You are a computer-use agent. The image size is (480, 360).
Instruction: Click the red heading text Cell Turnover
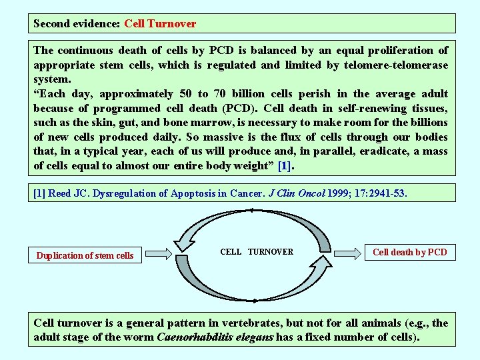click(x=160, y=24)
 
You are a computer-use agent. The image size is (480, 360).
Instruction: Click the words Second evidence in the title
click(x=77, y=24)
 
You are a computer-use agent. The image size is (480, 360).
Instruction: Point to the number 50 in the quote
click(x=187, y=94)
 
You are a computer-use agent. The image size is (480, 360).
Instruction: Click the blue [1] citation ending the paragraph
click(x=285, y=166)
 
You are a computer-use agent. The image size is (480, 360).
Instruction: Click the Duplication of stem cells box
click(x=85, y=255)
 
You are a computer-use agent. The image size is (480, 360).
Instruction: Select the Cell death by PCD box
click(x=409, y=252)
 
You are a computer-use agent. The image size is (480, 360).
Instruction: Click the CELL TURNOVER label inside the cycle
click(x=257, y=252)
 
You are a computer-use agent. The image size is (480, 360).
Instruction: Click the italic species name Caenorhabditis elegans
click(x=215, y=337)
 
